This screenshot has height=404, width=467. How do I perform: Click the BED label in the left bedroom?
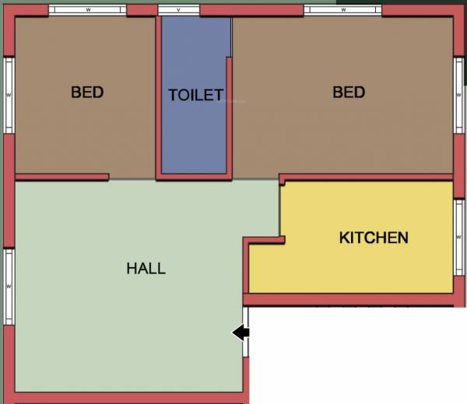tap(87, 92)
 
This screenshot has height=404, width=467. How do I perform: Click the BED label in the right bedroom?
tap(349, 92)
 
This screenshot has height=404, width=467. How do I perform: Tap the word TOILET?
tap(196, 96)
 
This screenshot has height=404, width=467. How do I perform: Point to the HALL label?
tap(146, 269)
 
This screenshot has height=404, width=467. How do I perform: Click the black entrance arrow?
tap(241, 333)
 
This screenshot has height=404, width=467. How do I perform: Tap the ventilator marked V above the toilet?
tap(178, 10)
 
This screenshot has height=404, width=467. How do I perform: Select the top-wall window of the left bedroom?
tap(87, 10)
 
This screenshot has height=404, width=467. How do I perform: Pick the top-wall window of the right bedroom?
tap(342, 10)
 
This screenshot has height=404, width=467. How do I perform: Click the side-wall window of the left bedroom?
tap(9, 95)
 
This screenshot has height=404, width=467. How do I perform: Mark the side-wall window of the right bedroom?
tap(459, 95)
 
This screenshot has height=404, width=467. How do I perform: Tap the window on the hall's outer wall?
tap(9, 286)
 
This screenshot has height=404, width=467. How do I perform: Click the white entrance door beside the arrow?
tap(247, 332)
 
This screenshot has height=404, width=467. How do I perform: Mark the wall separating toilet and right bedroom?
tap(230, 117)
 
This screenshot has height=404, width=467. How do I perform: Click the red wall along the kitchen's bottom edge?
tap(350, 299)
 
